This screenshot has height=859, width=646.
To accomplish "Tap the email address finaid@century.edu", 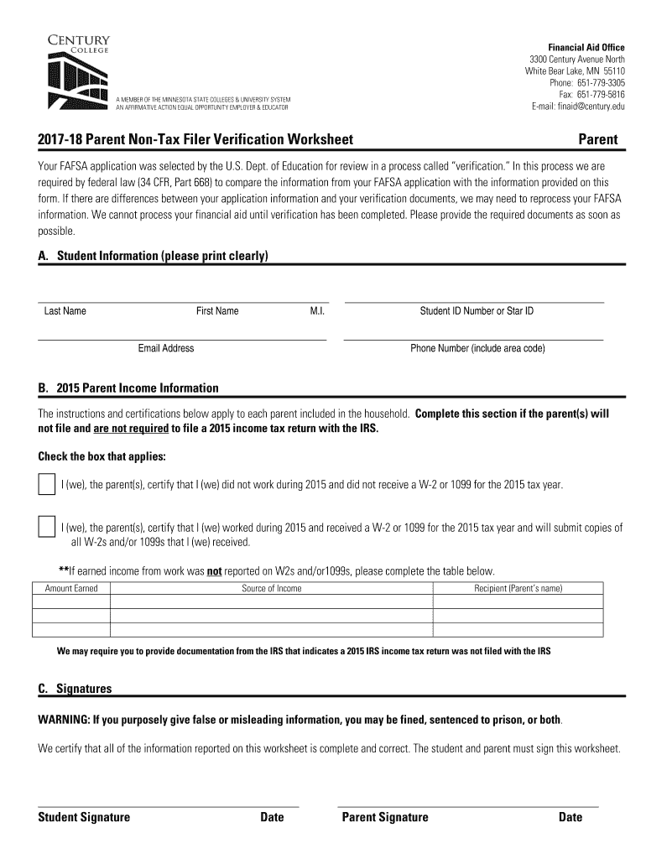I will (578, 107).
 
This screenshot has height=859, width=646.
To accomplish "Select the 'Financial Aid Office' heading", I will (586, 47).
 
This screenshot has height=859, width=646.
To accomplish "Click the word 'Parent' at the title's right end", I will (597, 139).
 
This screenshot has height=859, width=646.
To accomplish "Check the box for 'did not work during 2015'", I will (46, 485).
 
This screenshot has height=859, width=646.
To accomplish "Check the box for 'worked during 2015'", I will (46, 528).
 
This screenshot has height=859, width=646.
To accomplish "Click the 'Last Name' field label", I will (65, 311).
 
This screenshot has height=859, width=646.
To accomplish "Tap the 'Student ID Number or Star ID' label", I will (477, 311).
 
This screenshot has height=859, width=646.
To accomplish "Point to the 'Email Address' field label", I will (166, 348).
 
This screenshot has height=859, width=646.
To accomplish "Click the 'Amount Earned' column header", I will (71, 588).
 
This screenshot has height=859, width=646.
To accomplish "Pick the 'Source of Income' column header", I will (272, 588).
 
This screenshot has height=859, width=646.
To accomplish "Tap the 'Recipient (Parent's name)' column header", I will (518, 588).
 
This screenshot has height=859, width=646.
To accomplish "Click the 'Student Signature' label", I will (84, 817).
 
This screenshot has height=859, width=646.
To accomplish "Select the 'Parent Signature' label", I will (385, 817).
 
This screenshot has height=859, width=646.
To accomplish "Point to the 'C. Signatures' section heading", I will (75, 689).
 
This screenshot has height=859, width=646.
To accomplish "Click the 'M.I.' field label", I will (317, 311).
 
